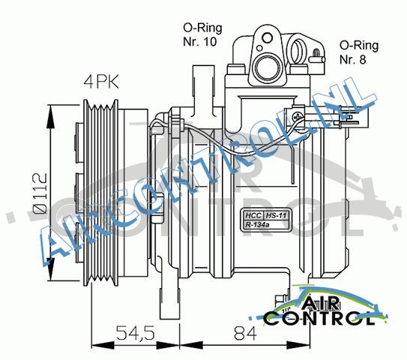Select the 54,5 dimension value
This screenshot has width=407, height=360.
point(134,331)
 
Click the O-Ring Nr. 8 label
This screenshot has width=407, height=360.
point(358,51)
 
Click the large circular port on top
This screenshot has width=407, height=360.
point(265,60)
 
